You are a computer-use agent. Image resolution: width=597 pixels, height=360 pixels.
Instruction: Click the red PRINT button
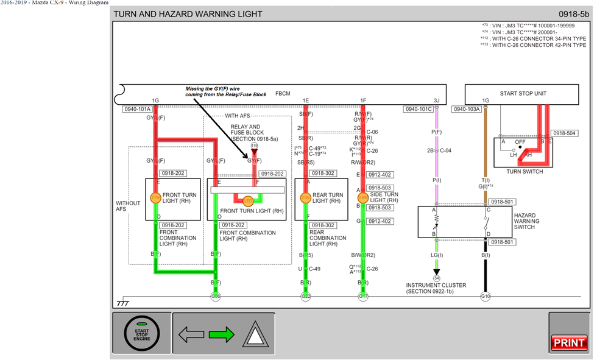(568, 343)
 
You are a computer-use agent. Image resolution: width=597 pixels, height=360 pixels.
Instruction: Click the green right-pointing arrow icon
(221, 334)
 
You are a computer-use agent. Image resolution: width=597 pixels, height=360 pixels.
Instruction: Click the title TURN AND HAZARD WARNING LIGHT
(188, 14)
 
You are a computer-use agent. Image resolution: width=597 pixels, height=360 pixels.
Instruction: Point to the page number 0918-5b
(573, 14)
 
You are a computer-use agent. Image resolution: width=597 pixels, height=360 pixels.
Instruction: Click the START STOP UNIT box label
(523, 94)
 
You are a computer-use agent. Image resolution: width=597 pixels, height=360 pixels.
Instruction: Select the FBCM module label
(283, 94)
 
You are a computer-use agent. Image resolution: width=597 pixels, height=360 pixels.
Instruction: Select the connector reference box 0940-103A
(467, 110)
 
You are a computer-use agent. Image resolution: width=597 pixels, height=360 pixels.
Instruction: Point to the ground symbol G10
(485, 297)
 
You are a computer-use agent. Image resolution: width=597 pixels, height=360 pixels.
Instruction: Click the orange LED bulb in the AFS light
(247, 201)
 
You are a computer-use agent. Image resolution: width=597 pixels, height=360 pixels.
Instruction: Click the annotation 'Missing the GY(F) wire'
(213, 88)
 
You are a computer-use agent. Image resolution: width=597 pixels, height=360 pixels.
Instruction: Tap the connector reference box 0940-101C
(418, 110)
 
